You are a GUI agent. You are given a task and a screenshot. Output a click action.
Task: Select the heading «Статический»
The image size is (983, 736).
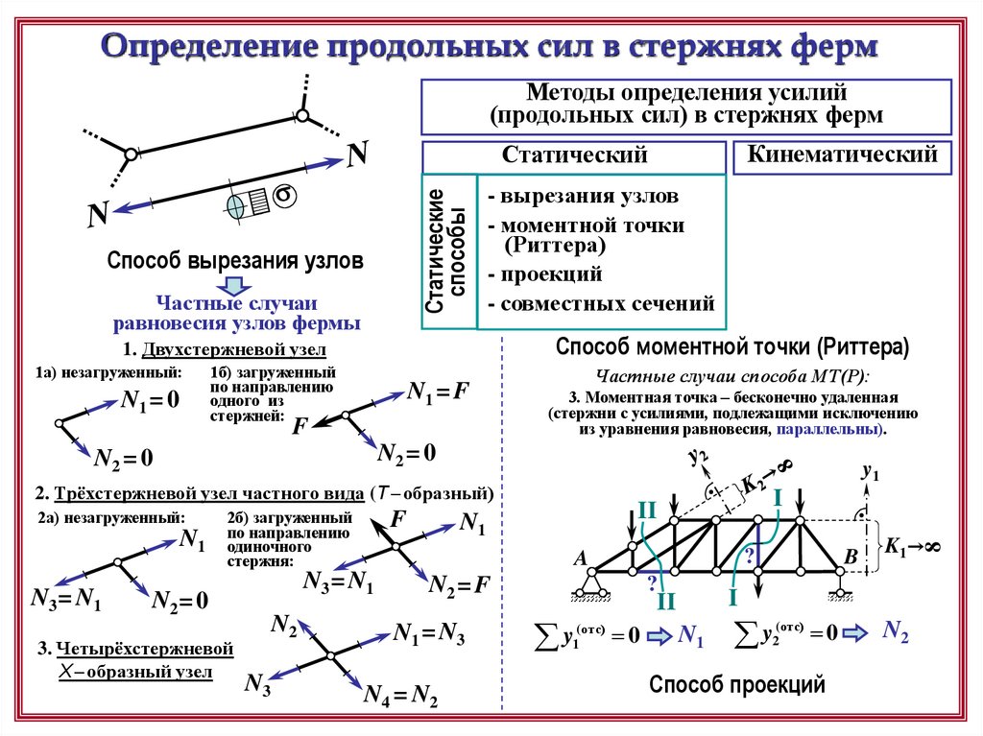click(574, 155)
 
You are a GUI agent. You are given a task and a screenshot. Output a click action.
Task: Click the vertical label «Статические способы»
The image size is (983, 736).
click(447, 251)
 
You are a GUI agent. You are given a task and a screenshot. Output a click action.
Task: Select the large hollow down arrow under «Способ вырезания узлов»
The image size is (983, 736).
click(234, 285)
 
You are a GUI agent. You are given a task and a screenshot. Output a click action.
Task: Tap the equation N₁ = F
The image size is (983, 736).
click(437, 392)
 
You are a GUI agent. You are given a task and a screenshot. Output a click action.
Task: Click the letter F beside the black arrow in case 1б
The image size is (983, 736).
click(299, 425)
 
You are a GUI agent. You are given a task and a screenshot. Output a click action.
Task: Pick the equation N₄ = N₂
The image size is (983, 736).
click(400, 697)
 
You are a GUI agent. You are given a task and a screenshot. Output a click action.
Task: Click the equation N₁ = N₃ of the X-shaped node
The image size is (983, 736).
click(429, 633)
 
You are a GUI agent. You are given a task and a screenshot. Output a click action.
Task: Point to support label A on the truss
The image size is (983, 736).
click(579, 558)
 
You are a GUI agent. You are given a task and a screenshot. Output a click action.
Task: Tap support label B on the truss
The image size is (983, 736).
click(850, 558)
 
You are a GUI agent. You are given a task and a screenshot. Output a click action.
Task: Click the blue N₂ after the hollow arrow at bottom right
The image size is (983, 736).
click(895, 632)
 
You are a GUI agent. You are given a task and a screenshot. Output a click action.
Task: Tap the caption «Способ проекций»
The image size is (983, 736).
click(736, 684)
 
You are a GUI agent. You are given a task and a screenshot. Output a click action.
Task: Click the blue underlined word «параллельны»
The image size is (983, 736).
click(827, 430)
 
